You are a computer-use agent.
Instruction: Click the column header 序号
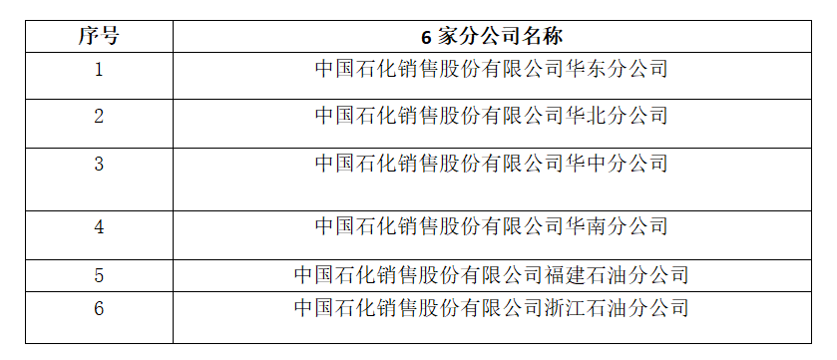[x=99, y=36]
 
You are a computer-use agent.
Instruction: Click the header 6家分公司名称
[x=492, y=37]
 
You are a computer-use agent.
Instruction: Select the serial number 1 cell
[x=99, y=70]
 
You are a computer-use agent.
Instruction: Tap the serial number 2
[x=99, y=116]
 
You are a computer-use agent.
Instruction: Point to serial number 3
[x=99, y=164]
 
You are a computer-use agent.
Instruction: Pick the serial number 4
[x=99, y=226]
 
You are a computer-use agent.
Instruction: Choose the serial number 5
[x=99, y=275]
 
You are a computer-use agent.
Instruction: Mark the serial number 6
[x=99, y=308]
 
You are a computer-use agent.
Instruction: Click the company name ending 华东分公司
[x=492, y=69]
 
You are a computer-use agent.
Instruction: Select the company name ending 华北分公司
[x=492, y=116]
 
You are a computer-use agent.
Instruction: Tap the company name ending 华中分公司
[x=492, y=163]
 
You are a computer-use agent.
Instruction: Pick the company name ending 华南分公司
[x=492, y=226]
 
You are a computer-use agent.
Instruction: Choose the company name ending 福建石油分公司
[x=492, y=274]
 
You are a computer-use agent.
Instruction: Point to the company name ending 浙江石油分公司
[x=492, y=308]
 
